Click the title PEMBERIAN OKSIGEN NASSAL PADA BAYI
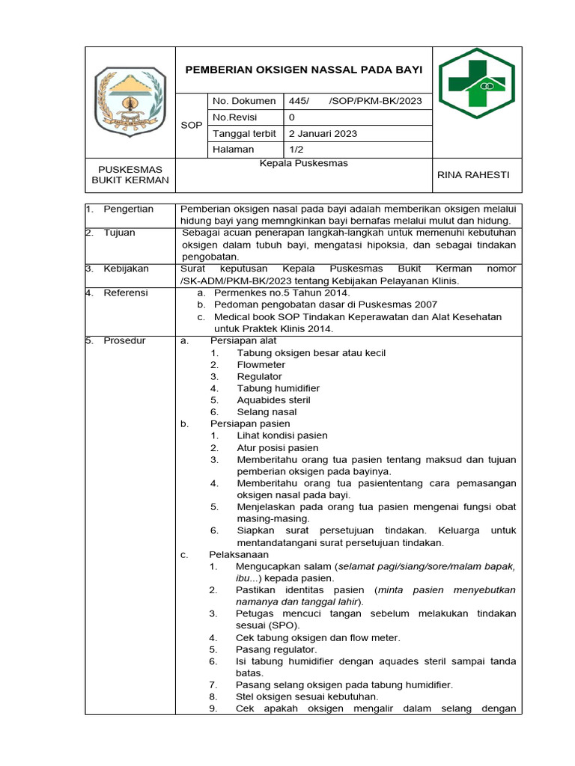303,69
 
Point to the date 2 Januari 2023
323,134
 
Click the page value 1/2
296,150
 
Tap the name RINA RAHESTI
472,174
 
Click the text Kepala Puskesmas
303,163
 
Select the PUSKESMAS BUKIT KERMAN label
130,175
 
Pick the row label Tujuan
119,233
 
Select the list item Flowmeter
261,365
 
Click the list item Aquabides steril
273,400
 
